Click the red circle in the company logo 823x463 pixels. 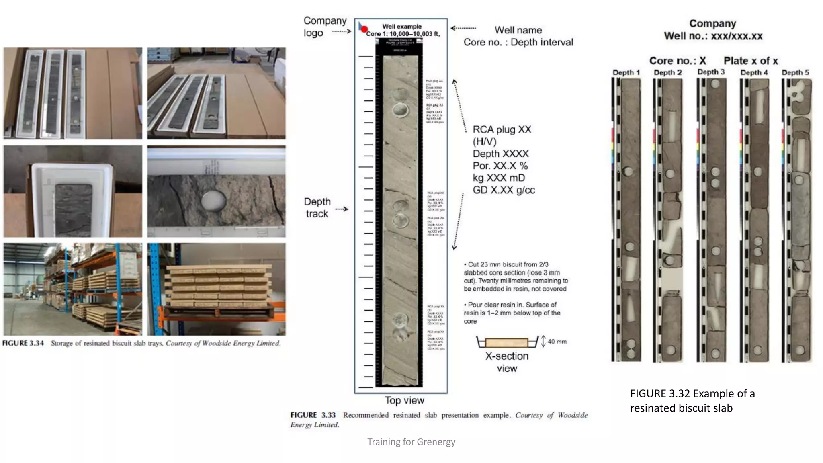(364, 29)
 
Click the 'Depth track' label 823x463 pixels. (317, 207)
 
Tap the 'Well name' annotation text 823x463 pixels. (518, 30)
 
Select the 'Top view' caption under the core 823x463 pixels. (404, 400)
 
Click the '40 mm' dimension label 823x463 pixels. (557, 342)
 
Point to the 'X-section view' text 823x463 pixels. (507, 362)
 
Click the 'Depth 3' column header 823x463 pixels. (711, 72)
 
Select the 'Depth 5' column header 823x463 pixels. (795, 72)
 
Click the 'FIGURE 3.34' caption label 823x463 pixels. (23, 343)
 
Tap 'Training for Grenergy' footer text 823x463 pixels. (411, 442)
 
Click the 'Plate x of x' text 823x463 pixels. (751, 61)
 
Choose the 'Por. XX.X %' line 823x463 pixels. (500, 166)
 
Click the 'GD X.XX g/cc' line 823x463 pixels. (504, 190)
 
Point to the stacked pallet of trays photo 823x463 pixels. (217, 289)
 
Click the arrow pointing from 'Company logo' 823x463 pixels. (342, 31)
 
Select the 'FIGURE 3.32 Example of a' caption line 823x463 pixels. (692, 393)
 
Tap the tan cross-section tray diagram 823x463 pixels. (506, 343)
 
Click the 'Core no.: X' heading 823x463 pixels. (678, 61)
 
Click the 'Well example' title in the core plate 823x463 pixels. (402, 26)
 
